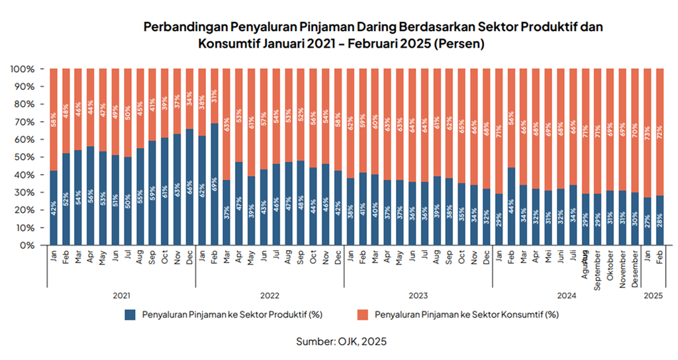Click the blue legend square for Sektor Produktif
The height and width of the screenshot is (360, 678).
click(x=130, y=314)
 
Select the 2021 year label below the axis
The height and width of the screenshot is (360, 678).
click(x=120, y=296)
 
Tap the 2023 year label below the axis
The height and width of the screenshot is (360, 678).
click(x=417, y=296)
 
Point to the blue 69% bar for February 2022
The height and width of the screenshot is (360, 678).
click(x=215, y=184)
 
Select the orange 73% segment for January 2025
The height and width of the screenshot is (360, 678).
click(x=648, y=132)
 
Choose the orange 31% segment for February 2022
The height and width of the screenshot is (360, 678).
click(x=215, y=96)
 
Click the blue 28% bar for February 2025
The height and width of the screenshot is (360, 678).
click(x=659, y=220)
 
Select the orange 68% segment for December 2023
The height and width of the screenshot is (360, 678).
click(x=487, y=128)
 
